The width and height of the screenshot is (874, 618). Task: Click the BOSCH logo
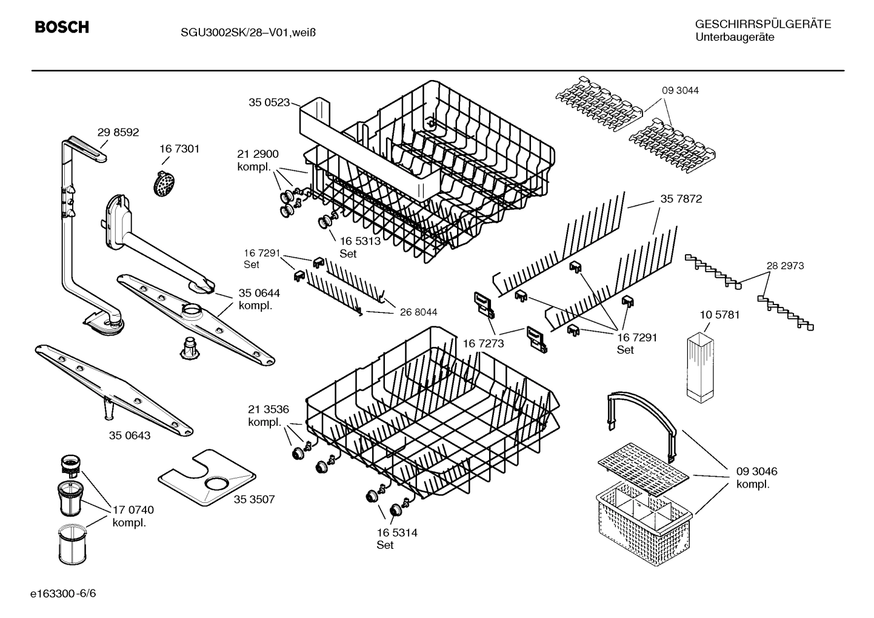click(62, 27)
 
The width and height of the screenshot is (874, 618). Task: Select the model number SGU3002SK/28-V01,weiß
click(248, 32)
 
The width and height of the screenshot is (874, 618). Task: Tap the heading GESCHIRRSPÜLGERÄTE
click(762, 25)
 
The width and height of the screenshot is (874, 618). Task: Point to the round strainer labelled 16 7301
click(162, 182)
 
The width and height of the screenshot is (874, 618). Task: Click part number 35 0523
click(269, 102)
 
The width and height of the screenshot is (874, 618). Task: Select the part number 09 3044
click(680, 90)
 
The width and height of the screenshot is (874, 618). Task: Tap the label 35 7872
click(681, 199)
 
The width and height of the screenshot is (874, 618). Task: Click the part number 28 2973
click(785, 266)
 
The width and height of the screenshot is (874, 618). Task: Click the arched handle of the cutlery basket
click(642, 415)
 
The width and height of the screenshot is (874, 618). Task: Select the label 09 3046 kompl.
click(756, 477)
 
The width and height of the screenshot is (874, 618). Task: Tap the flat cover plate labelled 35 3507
click(206, 478)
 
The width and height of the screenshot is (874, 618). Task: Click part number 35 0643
click(130, 435)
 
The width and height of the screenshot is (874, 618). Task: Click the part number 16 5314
click(396, 533)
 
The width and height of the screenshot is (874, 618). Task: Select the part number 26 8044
click(418, 312)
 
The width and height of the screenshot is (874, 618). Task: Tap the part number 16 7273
click(483, 344)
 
